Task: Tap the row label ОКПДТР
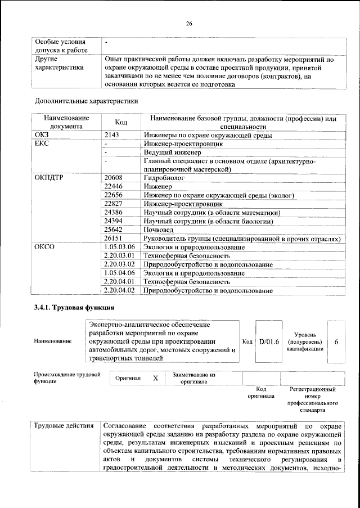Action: (49, 178)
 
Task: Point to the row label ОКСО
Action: (44, 247)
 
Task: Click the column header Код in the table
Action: (121, 123)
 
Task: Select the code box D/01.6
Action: (269, 341)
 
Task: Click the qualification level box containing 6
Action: (336, 341)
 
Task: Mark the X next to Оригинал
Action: (155, 379)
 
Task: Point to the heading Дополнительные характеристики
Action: (86, 101)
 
